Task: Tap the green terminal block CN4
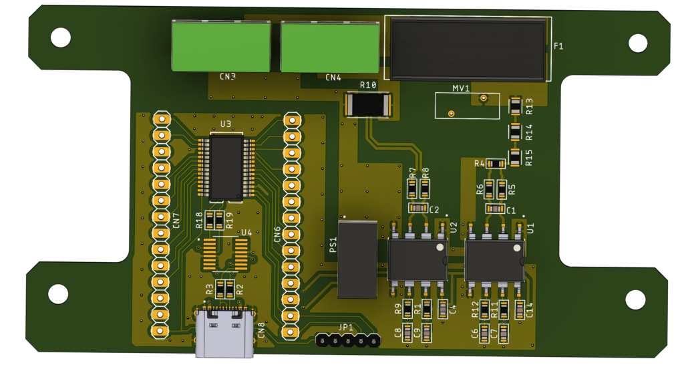[329, 46]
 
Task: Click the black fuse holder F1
[468, 49]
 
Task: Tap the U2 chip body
[417, 260]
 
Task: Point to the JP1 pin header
[347, 341]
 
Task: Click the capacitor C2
[418, 209]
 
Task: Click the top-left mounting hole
[61, 37]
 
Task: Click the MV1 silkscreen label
[461, 88]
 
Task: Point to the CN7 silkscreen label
[176, 220]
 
